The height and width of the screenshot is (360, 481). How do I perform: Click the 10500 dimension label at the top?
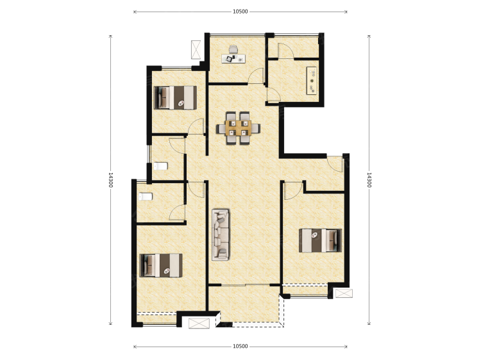point(240,12)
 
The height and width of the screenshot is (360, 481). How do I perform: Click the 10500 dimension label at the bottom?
point(240,346)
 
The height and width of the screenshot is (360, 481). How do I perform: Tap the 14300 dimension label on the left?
point(111,180)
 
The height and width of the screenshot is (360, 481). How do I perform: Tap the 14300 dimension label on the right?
point(369,180)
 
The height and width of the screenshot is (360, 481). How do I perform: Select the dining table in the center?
point(239,128)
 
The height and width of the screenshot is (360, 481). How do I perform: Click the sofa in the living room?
point(221,234)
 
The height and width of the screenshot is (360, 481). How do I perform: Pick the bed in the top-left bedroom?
point(175,97)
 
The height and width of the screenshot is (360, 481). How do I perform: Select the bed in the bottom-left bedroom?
point(161,265)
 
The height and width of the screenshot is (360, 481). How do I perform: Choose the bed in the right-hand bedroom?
point(320,240)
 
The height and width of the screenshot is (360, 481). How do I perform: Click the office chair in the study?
point(233,49)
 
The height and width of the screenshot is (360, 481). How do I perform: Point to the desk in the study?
point(233,58)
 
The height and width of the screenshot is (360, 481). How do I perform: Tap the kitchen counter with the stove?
point(312,81)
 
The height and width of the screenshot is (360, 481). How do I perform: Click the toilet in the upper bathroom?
point(160,166)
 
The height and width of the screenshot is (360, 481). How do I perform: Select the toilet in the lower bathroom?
point(146,196)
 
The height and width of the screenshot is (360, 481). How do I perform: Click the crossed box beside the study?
point(196,49)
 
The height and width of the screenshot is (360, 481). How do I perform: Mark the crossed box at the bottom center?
point(199,323)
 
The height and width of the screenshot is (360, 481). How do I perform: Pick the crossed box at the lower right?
point(344,293)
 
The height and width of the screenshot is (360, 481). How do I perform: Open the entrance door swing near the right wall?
point(335,164)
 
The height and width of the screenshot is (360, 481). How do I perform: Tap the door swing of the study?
point(257,76)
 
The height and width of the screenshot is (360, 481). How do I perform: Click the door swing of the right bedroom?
point(294,191)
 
